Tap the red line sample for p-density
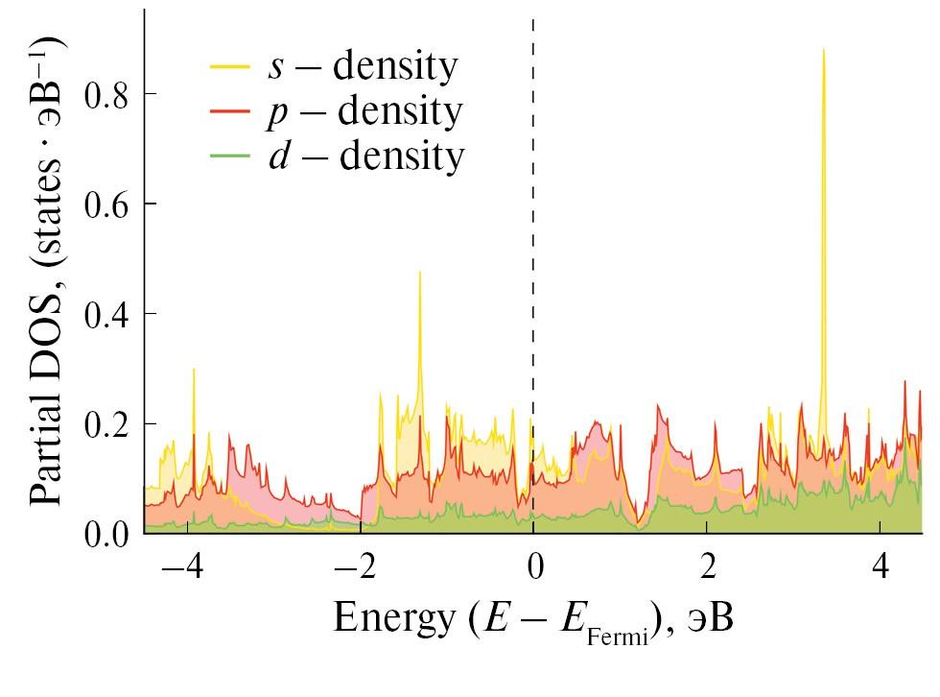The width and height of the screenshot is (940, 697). point(230,112)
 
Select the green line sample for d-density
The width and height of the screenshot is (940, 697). point(230,156)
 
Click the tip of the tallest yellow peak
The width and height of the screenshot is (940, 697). point(823,49)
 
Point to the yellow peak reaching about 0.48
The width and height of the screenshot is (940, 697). point(419,273)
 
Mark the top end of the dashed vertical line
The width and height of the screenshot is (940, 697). point(533,19)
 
